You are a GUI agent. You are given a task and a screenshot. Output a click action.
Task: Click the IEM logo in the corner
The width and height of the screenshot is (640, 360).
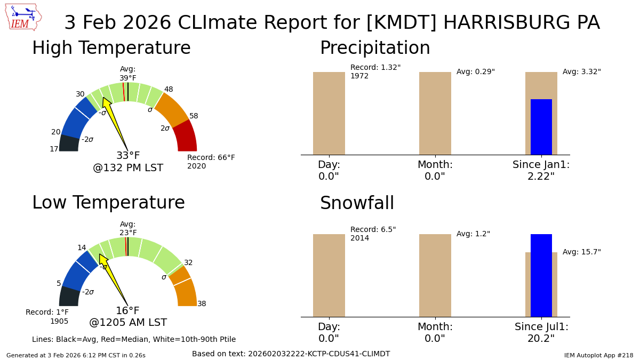[23, 17]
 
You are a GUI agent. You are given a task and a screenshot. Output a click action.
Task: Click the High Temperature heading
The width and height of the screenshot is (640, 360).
[111, 49]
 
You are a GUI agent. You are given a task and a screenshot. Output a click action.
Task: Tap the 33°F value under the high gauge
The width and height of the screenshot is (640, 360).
[128, 156]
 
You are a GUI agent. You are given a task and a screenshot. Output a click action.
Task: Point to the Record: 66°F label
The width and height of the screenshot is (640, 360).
[211, 162]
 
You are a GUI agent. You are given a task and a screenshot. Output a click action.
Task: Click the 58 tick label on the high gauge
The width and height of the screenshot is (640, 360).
[194, 116]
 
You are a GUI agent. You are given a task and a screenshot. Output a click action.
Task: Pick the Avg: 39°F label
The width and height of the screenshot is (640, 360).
[128, 74]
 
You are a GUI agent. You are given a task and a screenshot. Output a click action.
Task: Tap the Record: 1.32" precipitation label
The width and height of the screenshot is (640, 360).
[375, 71]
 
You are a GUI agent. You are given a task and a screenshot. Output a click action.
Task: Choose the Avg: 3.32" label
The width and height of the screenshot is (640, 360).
[581, 72]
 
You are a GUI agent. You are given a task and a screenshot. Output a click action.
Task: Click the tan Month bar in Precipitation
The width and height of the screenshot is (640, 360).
[435, 113]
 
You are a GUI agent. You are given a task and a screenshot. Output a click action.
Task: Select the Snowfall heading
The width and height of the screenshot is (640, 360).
[357, 204]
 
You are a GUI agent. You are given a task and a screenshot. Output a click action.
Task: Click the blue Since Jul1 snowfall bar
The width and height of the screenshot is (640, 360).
[541, 275]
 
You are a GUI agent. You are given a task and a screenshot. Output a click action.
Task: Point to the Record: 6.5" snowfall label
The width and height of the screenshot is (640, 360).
[373, 234]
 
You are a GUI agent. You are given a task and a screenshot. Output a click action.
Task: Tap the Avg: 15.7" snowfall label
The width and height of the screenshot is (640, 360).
[581, 252]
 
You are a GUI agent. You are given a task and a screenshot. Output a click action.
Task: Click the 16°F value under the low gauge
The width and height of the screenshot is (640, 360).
[127, 311]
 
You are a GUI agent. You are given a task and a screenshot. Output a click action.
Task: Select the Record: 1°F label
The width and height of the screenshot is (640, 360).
[47, 317]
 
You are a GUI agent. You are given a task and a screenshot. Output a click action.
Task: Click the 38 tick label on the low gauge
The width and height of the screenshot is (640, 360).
[202, 304]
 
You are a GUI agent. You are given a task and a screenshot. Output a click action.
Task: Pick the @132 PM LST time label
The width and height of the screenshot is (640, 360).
[128, 168]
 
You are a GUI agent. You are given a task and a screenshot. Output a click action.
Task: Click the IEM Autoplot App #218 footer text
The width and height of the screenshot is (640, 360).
[598, 355]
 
